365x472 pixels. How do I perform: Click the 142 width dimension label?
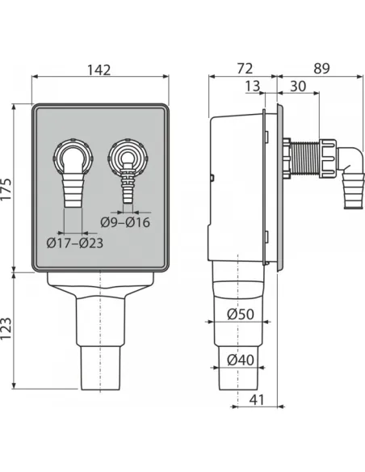click(x=99, y=70)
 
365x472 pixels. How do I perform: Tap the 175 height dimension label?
click(x=6, y=189)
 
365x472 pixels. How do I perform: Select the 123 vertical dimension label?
click(x=6, y=329)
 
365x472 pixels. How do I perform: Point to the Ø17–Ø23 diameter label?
click(x=75, y=243)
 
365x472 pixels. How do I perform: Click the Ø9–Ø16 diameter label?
click(x=125, y=222)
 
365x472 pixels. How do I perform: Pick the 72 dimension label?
click(x=245, y=69)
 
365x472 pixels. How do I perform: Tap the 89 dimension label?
click(x=321, y=69)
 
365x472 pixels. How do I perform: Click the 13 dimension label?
click(x=252, y=86)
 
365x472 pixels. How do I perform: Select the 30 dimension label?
click(x=298, y=86)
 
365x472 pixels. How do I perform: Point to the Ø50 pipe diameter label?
click(x=241, y=314)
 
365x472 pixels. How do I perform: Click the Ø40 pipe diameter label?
click(x=241, y=360)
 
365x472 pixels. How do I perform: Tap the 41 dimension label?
click(x=257, y=400)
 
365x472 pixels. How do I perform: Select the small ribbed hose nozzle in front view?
click(x=128, y=183)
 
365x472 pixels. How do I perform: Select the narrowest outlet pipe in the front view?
click(x=100, y=368)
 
